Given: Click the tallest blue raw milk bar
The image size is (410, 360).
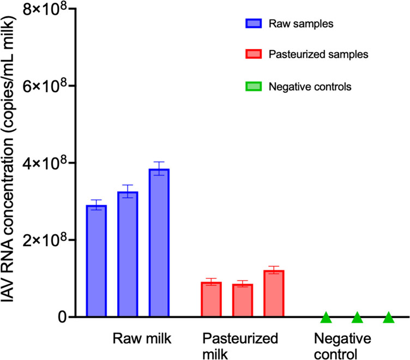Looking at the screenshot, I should pyautogui.click(x=159, y=242).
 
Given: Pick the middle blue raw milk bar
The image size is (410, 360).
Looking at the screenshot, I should pyautogui.click(x=128, y=254).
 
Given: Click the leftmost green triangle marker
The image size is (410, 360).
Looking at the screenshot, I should pyautogui.click(x=325, y=317).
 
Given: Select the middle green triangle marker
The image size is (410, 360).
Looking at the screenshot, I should pyautogui.click(x=357, y=317).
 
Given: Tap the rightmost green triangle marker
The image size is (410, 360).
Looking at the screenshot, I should pyautogui.click(x=388, y=317).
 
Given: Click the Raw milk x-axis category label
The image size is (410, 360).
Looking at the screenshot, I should pyautogui.click(x=142, y=338).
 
